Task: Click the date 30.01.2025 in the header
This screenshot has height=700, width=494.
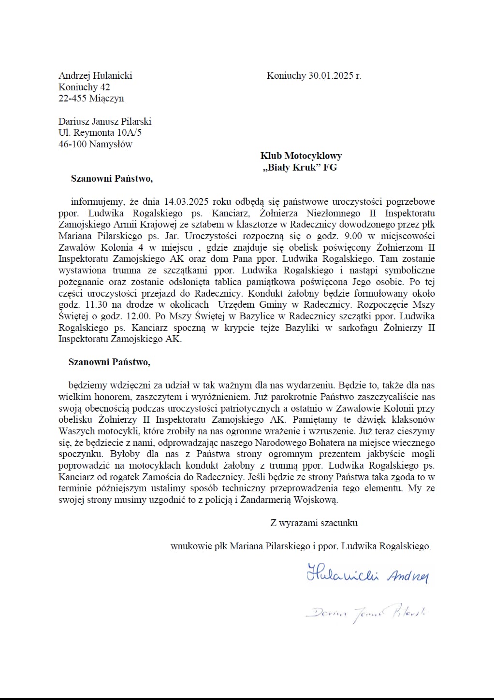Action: [331, 76]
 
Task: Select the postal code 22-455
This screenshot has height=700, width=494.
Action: [73, 99]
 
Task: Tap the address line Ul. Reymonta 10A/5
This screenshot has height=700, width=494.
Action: [100, 133]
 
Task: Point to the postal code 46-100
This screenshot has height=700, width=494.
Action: [73, 144]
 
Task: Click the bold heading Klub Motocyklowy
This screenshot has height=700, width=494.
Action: [301, 156]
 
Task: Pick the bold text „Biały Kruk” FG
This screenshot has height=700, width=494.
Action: [300, 168]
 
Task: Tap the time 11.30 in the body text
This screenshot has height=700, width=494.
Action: [96, 305]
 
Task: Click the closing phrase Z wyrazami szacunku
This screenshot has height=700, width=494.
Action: [314, 523]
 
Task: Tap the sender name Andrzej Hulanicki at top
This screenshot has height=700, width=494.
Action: [95, 76]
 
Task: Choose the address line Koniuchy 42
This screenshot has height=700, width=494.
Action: [84, 87]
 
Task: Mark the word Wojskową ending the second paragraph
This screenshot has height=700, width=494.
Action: [315, 500]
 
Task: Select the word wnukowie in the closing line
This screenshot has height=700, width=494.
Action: [191, 546]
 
